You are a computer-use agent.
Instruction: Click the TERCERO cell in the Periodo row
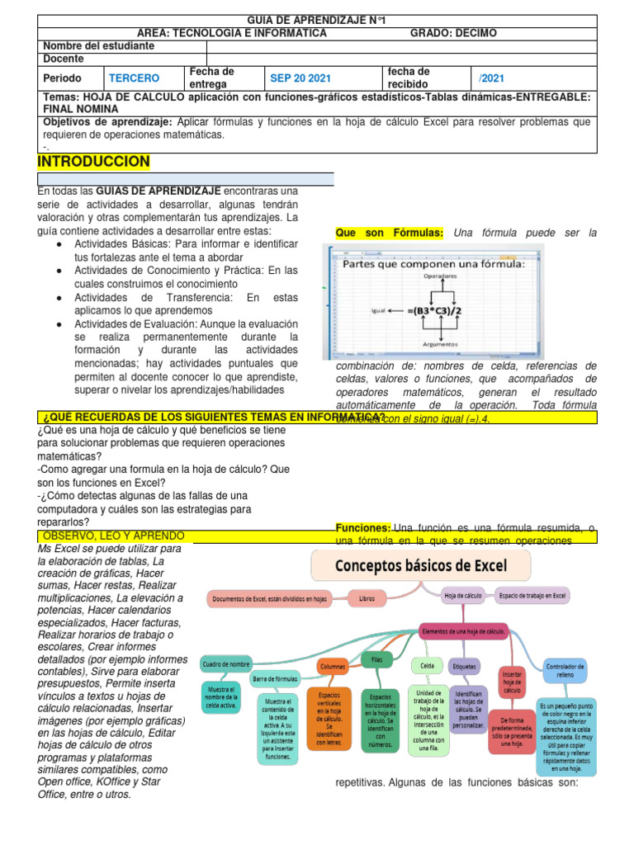[x=134, y=78]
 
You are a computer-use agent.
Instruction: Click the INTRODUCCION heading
[x=94, y=161]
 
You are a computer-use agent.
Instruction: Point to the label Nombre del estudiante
[x=98, y=46]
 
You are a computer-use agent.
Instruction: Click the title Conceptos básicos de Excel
[x=421, y=566]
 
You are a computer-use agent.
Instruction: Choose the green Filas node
[x=376, y=659]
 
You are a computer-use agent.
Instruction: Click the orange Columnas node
[x=333, y=666]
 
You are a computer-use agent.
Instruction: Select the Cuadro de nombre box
[x=225, y=663]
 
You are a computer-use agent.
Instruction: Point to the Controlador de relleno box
[x=565, y=670]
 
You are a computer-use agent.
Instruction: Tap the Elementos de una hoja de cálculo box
[x=462, y=630]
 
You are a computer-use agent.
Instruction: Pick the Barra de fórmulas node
[x=276, y=679]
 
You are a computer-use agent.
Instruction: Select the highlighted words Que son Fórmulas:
[x=390, y=234]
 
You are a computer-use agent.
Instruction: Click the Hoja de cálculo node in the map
[x=463, y=595]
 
